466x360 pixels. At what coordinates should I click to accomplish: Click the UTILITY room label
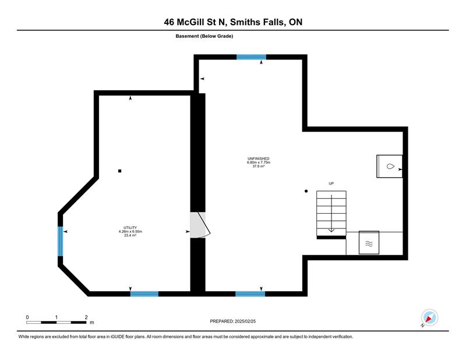coord(130,228)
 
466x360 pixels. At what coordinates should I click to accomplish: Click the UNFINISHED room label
coord(258,159)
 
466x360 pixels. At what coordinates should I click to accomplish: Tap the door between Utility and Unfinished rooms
coord(200,225)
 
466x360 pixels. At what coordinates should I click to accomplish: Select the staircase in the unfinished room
coord(331,213)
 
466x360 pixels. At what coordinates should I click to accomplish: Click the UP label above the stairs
coord(331,183)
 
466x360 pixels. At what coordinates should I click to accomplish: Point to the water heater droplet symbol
coord(390,167)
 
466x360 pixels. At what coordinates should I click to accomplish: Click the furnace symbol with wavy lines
coord(369,243)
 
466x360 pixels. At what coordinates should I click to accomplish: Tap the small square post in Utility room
coord(120,171)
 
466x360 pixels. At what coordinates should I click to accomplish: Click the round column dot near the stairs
coord(306,191)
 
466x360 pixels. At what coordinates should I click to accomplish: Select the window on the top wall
coord(251,57)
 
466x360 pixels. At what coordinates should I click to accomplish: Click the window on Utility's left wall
coord(61,241)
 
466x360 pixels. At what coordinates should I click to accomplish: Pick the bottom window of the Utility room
coord(144,294)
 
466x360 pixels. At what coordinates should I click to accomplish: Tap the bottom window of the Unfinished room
coord(250,294)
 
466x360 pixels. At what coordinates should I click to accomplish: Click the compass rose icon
coord(429,318)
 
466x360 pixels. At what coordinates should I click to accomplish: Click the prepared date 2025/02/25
coord(245,322)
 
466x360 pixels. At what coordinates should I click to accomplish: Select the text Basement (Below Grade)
coord(204,36)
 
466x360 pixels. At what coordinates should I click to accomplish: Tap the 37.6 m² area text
coord(258,166)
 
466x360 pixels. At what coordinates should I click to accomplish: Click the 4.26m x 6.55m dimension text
coord(130,232)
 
